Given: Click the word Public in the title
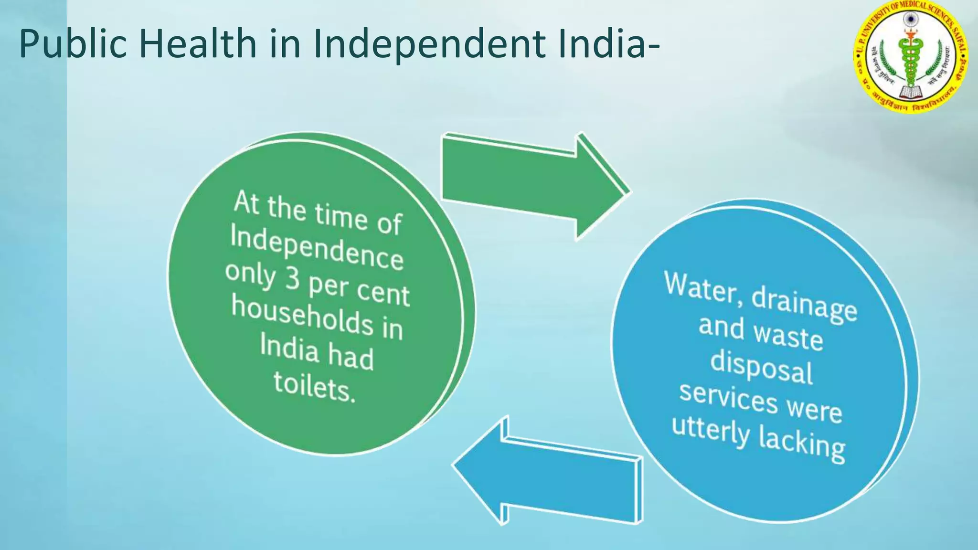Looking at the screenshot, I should (73, 44).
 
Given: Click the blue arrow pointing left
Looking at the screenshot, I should (549, 473).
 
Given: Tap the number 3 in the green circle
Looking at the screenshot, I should (292, 278).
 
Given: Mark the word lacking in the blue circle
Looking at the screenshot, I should (802, 444).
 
